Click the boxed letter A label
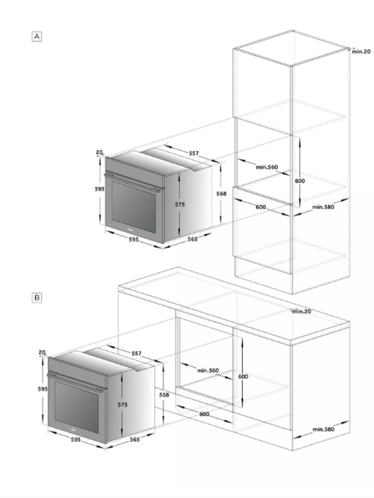pos(37,36)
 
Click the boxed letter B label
pos(37,298)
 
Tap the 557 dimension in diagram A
pos(193,153)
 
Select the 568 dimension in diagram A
pos(221,193)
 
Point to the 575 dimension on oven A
pos(180,205)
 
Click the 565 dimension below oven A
pos(192,239)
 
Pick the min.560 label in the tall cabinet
pos(267,167)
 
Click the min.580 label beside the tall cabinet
pos(323,207)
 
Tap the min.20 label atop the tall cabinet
pos(361,51)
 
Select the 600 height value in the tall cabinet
pos(300,181)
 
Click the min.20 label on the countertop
pos(302,312)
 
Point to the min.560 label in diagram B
pos(208,371)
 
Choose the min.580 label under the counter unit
pos(324,429)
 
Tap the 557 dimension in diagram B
pos(137,353)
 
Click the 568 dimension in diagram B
pos(164,395)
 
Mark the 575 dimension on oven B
pos(123,404)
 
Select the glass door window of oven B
pos(76,407)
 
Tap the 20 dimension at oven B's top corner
pos(42,352)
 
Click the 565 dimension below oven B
pos(135,440)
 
